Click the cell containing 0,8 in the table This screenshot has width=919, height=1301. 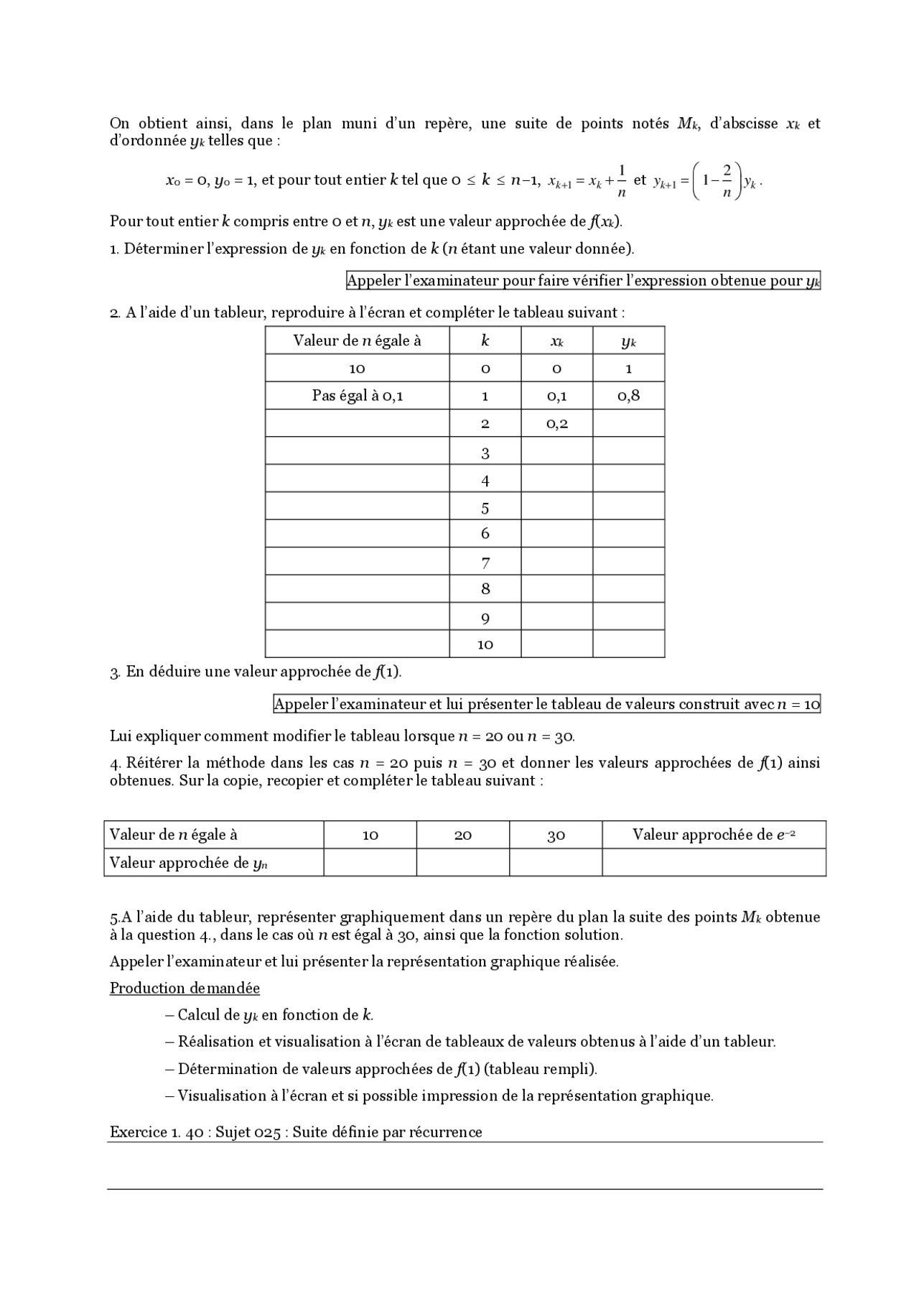point(628,395)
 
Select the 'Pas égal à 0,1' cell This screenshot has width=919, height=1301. point(357,395)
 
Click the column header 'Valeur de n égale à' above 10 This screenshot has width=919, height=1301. point(357,341)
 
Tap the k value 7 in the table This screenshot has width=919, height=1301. point(485,562)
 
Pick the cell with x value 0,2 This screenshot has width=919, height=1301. point(556,423)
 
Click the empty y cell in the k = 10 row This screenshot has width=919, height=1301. point(628,644)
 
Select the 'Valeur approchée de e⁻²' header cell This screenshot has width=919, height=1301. point(714,835)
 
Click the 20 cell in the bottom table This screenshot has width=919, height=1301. point(463,835)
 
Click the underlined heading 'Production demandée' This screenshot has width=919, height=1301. point(185,988)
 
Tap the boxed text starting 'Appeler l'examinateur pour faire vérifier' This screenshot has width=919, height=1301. point(582,281)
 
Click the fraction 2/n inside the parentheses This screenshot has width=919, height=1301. point(727,180)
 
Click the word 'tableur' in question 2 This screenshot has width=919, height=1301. point(241,312)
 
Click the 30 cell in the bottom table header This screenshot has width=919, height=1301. point(556,835)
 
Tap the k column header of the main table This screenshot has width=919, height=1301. point(485,341)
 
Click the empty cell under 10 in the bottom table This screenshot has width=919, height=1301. point(370,863)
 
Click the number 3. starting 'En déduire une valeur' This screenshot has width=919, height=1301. point(115,672)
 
